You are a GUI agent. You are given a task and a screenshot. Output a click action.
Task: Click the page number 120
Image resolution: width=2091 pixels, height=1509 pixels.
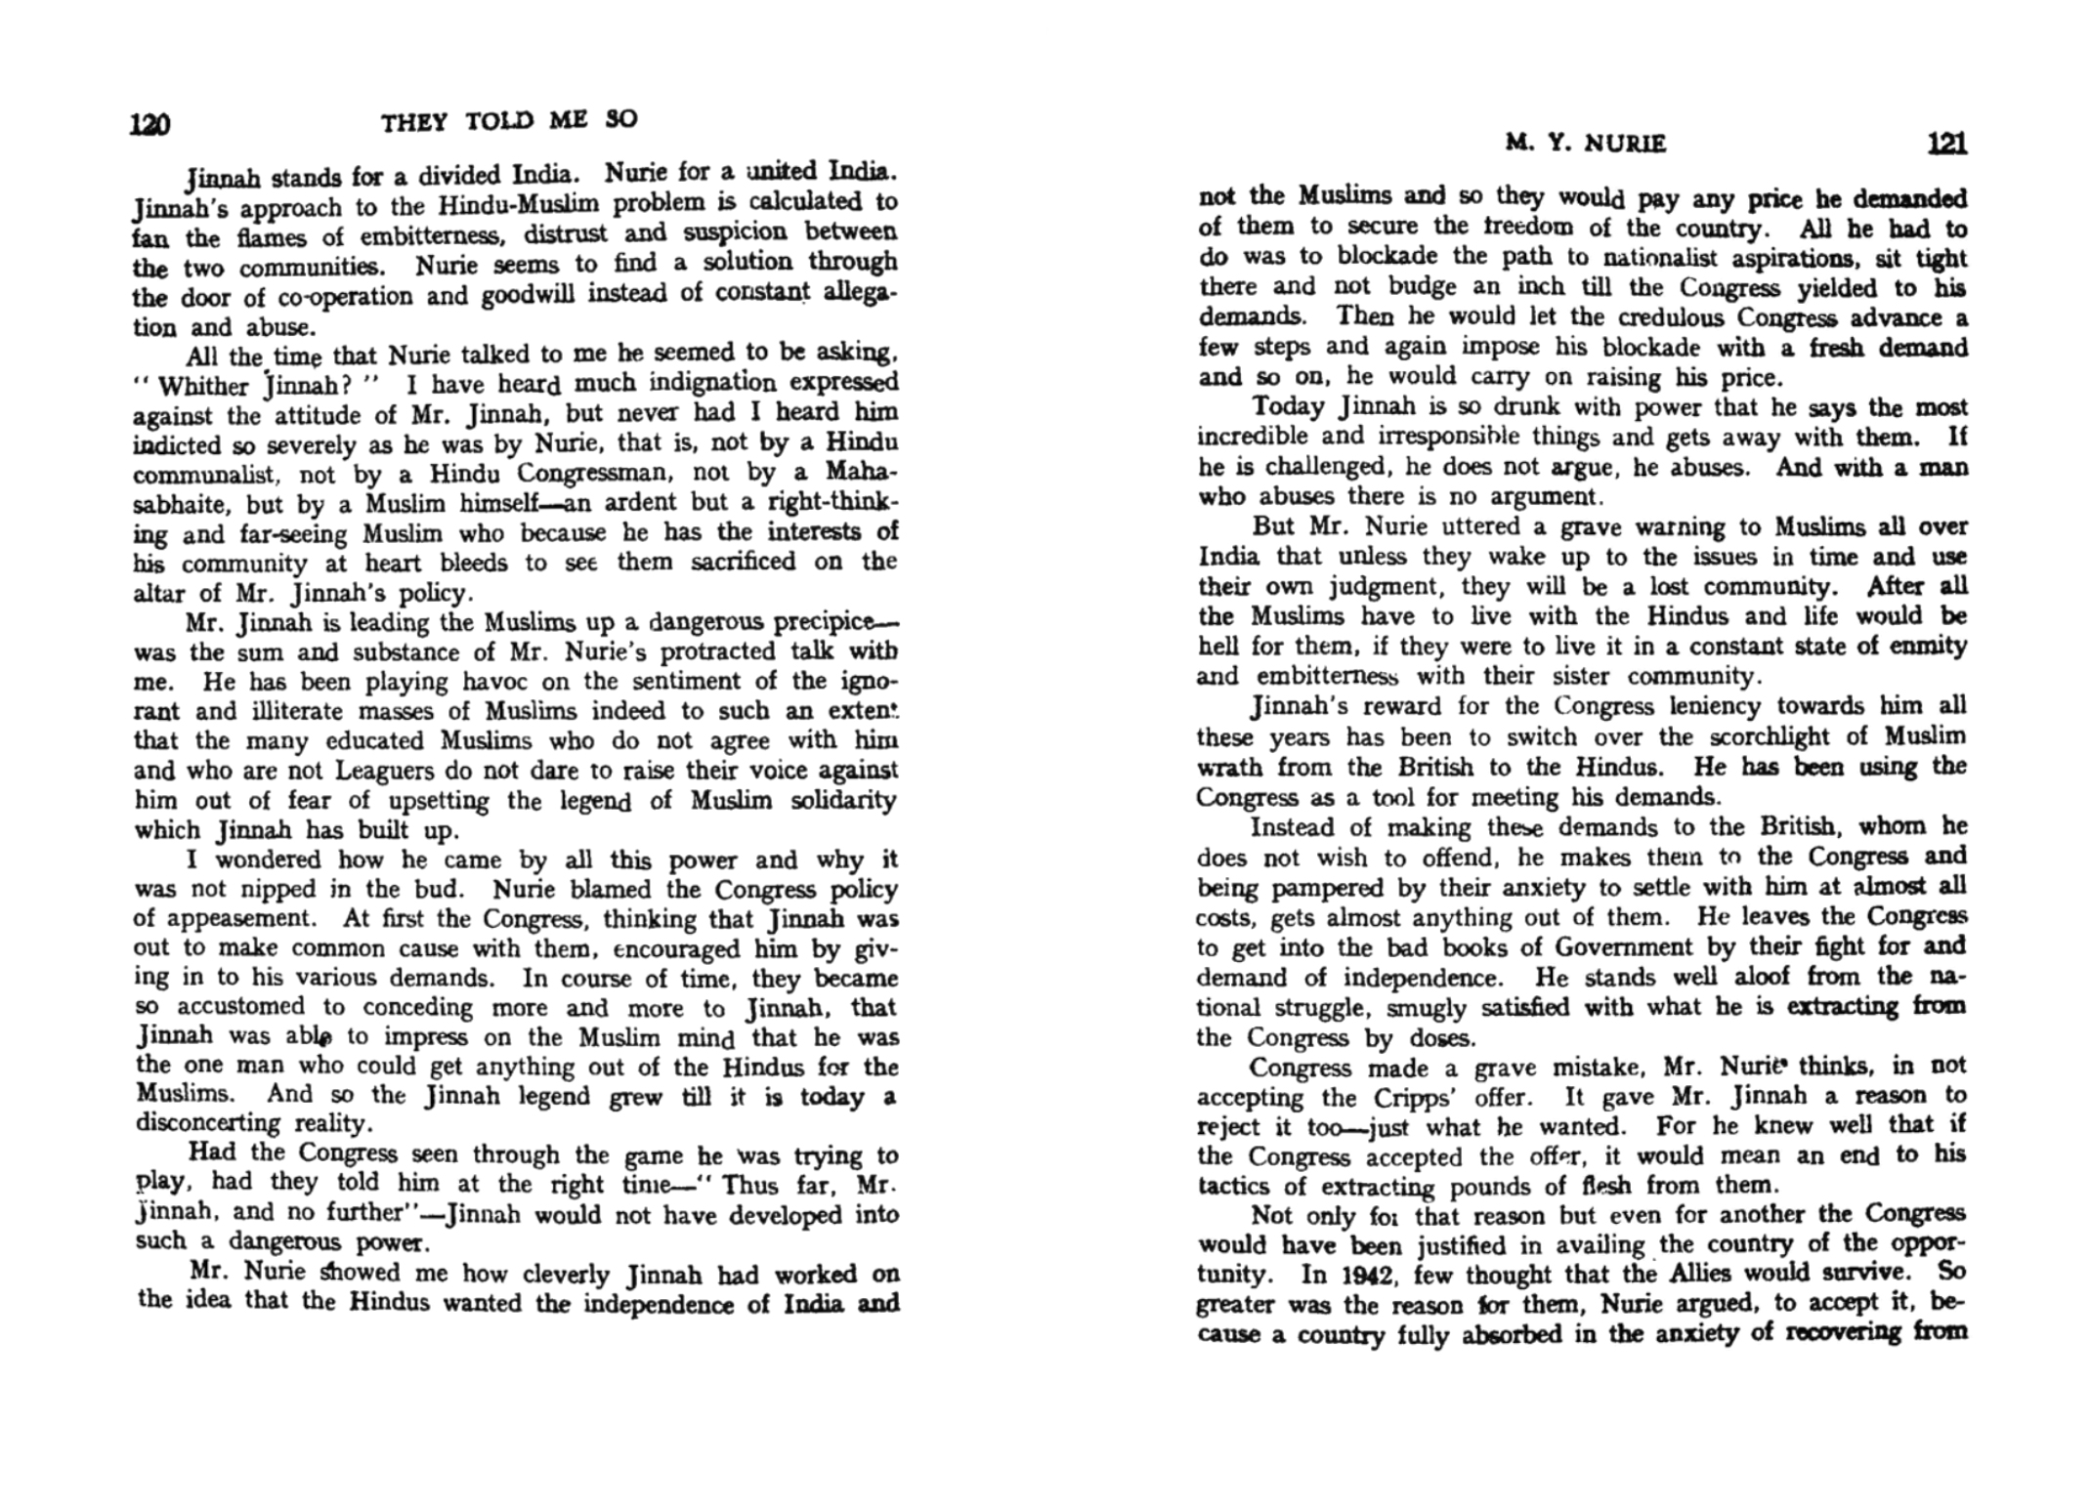tap(150, 124)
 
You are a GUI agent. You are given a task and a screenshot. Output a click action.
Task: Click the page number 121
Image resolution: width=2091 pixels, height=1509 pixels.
tap(1945, 144)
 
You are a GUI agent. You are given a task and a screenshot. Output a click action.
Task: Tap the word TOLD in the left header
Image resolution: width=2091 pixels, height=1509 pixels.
tap(499, 121)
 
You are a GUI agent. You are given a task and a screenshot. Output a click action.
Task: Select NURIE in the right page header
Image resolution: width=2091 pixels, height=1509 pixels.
tap(1625, 145)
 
